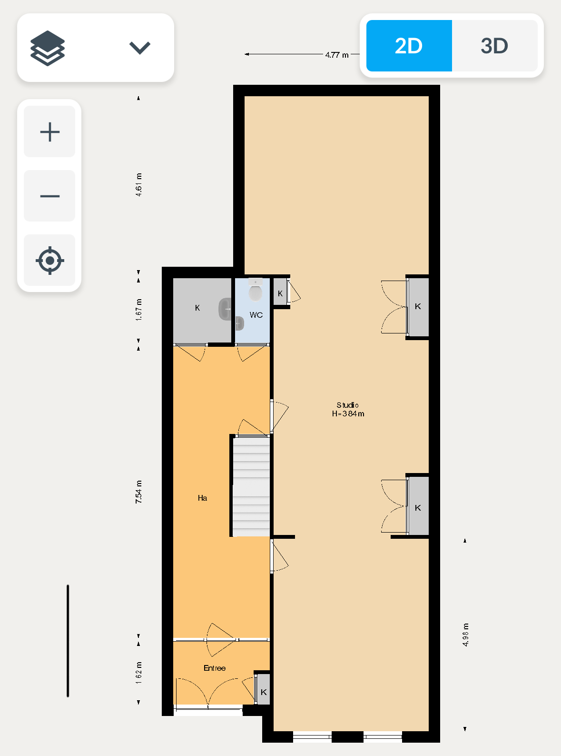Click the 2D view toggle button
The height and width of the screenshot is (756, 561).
[x=409, y=46]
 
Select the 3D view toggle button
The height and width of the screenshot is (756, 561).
[x=494, y=46]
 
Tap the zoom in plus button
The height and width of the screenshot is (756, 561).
[x=50, y=131]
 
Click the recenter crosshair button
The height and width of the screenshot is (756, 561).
[x=50, y=261]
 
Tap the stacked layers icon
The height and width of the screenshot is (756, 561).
[x=48, y=48]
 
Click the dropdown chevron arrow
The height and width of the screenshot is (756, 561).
[x=139, y=48]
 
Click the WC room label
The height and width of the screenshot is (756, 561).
[x=256, y=315]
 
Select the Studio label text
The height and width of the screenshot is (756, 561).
[x=347, y=405]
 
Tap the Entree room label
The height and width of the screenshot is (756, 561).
[x=215, y=668]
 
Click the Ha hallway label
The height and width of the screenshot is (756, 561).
[x=202, y=498]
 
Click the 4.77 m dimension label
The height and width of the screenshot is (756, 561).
[x=337, y=55]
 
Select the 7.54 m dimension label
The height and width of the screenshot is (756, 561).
[x=138, y=492]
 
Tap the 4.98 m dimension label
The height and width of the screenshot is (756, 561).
[x=465, y=635]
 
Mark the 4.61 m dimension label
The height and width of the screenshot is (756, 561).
[x=138, y=185]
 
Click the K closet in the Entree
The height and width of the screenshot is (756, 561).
[x=264, y=689]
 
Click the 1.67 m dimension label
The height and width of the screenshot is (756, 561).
[x=138, y=310]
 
